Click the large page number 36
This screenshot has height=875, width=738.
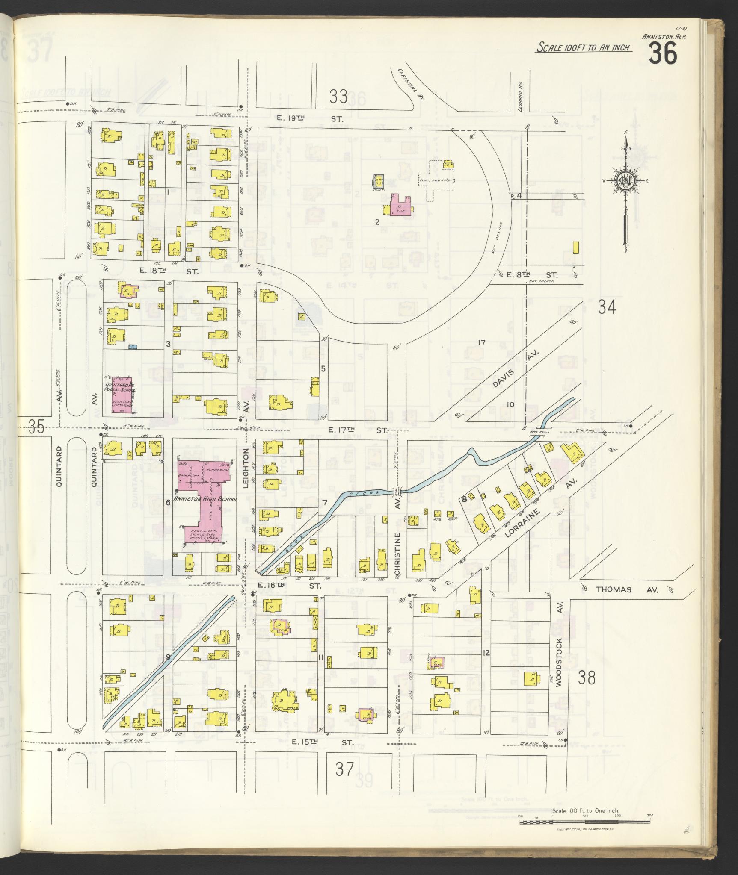pos(663,54)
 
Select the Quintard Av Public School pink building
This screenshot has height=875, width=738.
pos(122,395)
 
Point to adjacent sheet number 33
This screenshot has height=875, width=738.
pos(338,97)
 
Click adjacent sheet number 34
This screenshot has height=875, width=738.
pos(606,307)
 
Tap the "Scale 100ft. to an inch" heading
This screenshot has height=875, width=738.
pos(584,47)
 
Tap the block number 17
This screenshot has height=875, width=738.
pos(482,342)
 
